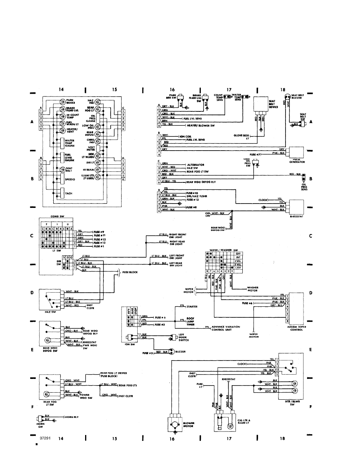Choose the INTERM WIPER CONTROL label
point(297,328)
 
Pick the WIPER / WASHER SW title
point(223,249)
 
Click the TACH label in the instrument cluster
point(68,193)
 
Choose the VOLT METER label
point(91,149)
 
